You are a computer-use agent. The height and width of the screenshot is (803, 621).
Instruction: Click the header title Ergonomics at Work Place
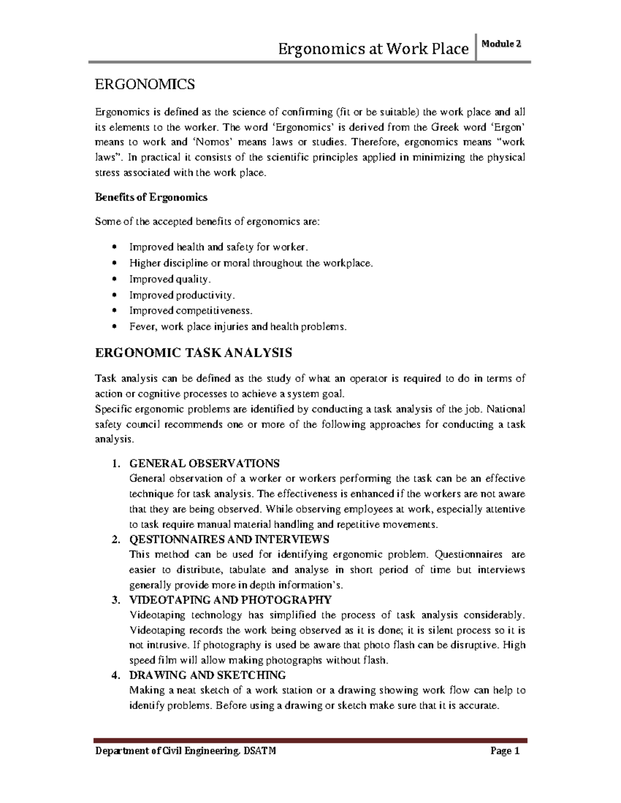pos(373,49)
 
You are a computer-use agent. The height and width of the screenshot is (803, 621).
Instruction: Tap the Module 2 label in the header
pos(500,44)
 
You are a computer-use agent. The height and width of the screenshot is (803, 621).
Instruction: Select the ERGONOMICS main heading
pos(145,84)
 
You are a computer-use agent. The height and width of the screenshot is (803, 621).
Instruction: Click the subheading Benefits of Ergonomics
pos(151,197)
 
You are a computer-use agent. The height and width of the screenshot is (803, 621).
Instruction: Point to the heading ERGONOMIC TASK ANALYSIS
pos(194,353)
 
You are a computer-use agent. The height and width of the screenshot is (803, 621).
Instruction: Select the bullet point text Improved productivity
pos(182,295)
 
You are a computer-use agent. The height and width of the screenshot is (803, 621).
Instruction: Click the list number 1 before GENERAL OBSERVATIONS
pos(116,463)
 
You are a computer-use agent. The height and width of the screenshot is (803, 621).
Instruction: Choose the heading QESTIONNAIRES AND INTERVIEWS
pos(229,539)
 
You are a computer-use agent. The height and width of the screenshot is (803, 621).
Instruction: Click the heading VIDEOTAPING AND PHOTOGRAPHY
pos(230,600)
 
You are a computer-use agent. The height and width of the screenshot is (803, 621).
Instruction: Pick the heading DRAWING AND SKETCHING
pos(207,675)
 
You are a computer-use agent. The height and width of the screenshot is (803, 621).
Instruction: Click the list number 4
pos(116,675)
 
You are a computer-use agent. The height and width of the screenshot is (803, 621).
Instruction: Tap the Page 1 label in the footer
pos(505,751)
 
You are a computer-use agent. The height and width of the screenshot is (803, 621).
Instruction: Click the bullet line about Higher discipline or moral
pos(250,263)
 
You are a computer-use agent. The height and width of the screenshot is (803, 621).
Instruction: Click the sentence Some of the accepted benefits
pos(208,222)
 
